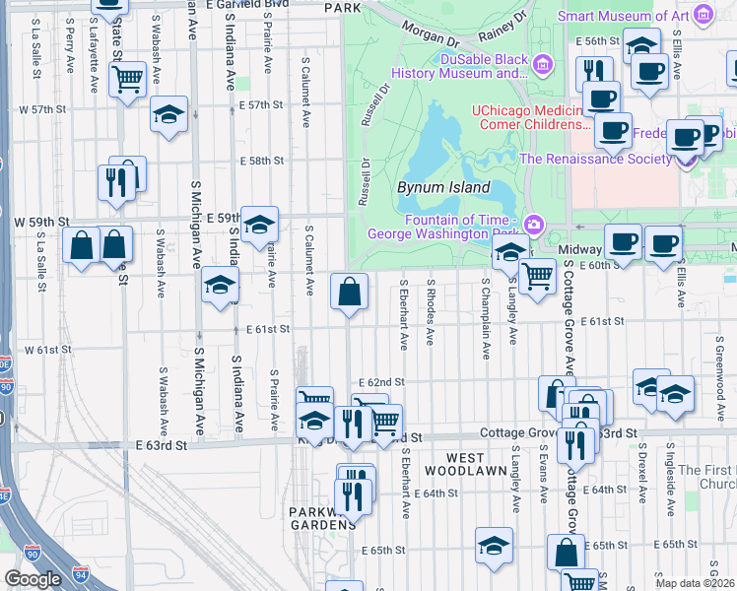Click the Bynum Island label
pyautogui.click(x=442, y=187)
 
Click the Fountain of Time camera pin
pyautogui.click(x=534, y=225)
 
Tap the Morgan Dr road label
pyautogui.click(x=430, y=37)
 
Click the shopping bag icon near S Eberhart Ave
pyautogui.click(x=350, y=292)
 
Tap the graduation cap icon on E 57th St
pyautogui.click(x=169, y=114)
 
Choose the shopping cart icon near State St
pyautogui.click(x=127, y=79)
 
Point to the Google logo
pyautogui.click(x=33, y=579)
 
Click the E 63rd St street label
pyautogui.click(x=162, y=445)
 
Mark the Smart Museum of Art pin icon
pyautogui.click(x=703, y=15)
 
